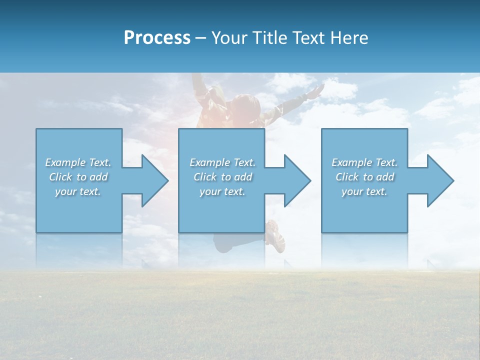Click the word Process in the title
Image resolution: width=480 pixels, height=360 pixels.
pyautogui.click(x=157, y=38)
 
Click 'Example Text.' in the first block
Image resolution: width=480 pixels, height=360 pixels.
pyautogui.click(x=78, y=162)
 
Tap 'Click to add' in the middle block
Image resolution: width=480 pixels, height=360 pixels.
pyautogui.click(x=222, y=177)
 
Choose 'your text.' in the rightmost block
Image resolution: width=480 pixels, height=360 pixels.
pyautogui.click(x=364, y=191)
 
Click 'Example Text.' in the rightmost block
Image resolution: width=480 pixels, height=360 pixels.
pyautogui.click(x=364, y=162)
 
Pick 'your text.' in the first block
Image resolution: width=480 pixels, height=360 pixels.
pyautogui.click(x=78, y=191)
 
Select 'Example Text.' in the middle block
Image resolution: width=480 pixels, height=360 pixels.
pyautogui.click(x=222, y=162)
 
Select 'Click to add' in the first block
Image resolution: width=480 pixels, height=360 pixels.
pyautogui.click(x=78, y=177)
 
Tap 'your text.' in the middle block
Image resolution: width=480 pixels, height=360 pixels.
pyautogui.click(x=222, y=191)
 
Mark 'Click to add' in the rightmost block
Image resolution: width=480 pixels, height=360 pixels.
pyautogui.click(x=364, y=177)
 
